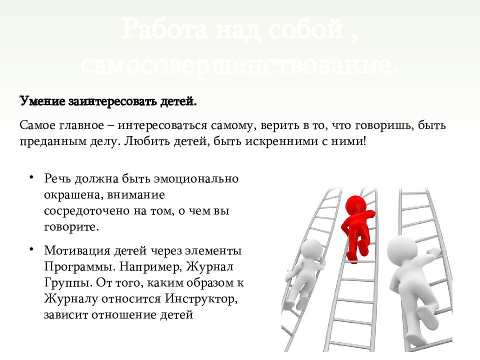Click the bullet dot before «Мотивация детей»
31,248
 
